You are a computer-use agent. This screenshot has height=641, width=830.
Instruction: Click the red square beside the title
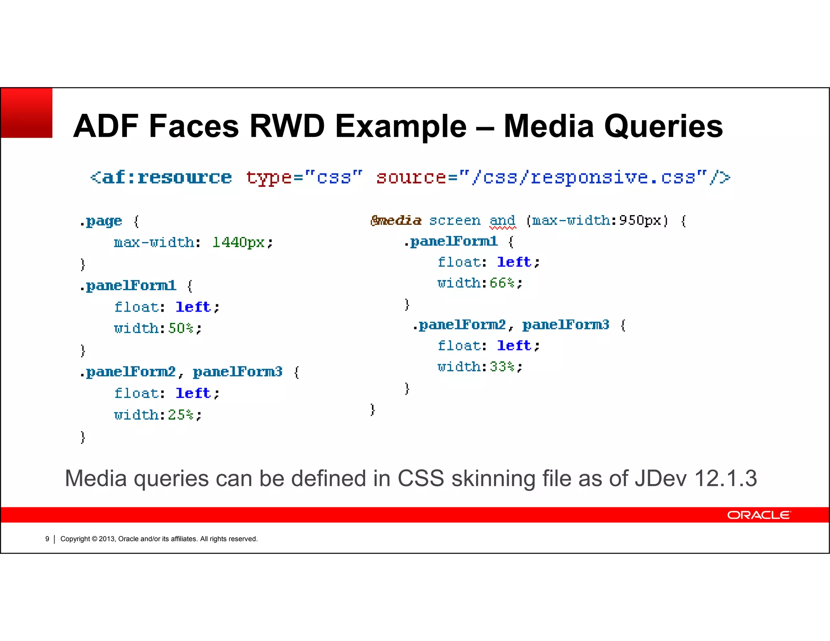(x=27, y=113)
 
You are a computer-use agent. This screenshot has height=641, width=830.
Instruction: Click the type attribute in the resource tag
(x=269, y=177)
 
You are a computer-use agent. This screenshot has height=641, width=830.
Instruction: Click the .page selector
(x=101, y=221)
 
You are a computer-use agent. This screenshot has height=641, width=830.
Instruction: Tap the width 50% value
(x=181, y=328)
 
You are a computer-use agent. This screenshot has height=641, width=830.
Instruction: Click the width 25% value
(x=181, y=415)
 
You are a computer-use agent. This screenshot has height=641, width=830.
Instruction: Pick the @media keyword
(x=396, y=220)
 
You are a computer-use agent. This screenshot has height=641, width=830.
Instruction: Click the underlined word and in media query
(x=502, y=220)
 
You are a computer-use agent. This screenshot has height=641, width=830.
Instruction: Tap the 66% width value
(x=502, y=283)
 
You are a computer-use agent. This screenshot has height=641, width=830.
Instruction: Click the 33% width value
(x=502, y=367)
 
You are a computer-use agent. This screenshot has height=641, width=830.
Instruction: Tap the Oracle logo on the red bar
(x=758, y=515)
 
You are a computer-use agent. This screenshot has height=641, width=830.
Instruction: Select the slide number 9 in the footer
(x=47, y=539)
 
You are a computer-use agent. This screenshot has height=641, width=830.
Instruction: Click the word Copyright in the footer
(x=75, y=539)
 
